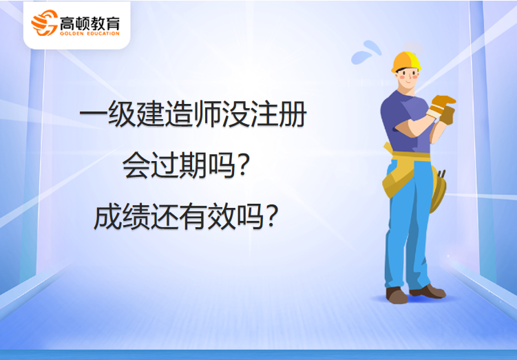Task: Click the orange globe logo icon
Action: pos(44,23)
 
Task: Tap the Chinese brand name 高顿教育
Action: pos(89,23)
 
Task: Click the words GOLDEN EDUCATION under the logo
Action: pos(89,33)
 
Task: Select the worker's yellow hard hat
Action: pos(406,62)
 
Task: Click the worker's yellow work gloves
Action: pos(441,109)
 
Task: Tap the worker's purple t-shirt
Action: pos(406,121)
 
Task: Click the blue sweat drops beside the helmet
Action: pos(366,53)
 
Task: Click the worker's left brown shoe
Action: pos(397,295)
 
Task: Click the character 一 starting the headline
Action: pos(94,114)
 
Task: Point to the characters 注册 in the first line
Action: pos(279,114)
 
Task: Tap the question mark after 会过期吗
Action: pos(243,166)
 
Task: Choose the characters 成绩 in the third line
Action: pos(123,217)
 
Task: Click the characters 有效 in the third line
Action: pos(207,217)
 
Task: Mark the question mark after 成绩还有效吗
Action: pos(271,217)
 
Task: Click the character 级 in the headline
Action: pos(123,114)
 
